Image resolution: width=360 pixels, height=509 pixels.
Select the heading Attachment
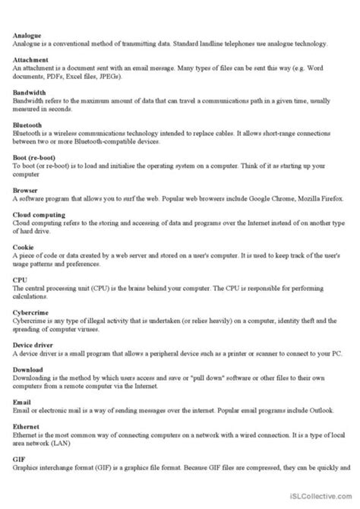click(x=30, y=58)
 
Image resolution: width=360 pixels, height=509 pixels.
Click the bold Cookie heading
click(x=24, y=247)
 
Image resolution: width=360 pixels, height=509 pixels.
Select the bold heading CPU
click(x=21, y=280)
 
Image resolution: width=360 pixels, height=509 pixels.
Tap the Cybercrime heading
click(x=31, y=311)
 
